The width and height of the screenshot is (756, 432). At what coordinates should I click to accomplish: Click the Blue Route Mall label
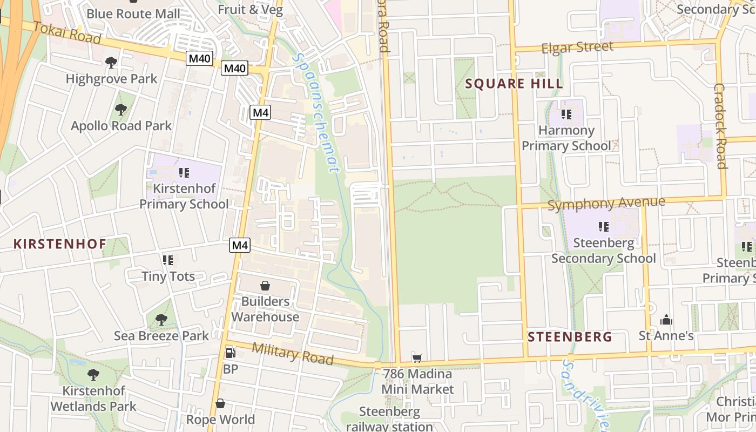pos(133,13)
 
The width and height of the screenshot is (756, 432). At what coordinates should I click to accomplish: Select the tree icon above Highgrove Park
pos(111,63)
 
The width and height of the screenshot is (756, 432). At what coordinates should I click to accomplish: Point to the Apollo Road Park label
pos(121,126)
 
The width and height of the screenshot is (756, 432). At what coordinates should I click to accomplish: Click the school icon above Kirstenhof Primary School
pos(184,173)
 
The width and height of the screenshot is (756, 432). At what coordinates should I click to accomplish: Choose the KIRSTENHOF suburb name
pos(60,244)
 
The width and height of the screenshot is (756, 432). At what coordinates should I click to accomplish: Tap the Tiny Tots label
pos(168,276)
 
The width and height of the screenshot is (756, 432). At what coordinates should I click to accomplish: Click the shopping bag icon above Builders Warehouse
pos(265,286)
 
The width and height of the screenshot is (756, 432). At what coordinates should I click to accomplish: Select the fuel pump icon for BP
pos(230,353)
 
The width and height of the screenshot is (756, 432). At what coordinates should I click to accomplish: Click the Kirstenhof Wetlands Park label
pos(93,398)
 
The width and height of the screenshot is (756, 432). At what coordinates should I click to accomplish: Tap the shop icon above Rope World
pos(220,403)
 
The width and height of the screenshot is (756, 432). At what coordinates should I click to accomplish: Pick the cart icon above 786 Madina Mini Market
pos(417,358)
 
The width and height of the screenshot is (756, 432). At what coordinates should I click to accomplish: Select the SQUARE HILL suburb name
pos(514,84)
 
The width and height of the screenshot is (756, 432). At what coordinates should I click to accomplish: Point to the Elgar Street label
pos(577,47)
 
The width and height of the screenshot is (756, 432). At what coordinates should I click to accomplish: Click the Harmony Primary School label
pos(566,138)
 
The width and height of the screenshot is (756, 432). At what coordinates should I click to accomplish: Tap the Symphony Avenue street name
pos(606,204)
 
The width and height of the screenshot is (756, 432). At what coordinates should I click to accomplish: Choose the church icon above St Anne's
pos(666,320)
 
